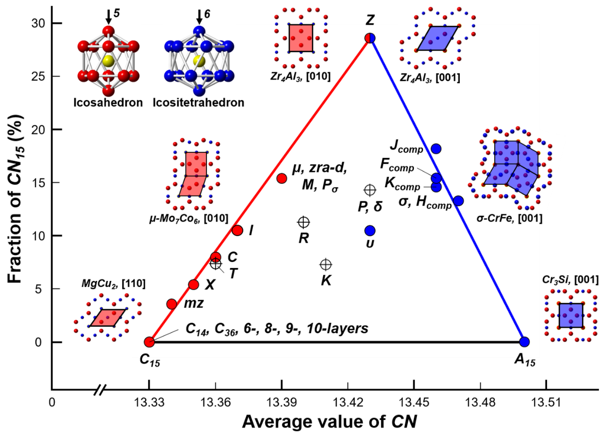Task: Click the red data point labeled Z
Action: tap(370, 38)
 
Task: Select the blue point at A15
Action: tap(524, 342)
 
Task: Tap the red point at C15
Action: tap(149, 342)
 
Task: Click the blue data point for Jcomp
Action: tap(436, 148)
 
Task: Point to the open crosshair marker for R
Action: tap(303, 222)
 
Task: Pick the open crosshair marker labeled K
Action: tap(326, 264)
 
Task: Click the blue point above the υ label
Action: tap(370, 230)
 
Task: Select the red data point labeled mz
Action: tap(172, 304)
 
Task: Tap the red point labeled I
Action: tap(237, 230)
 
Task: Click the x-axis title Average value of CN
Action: tap(329, 422)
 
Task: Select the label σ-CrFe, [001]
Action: tap(510, 219)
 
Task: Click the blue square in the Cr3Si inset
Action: tap(571, 315)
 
